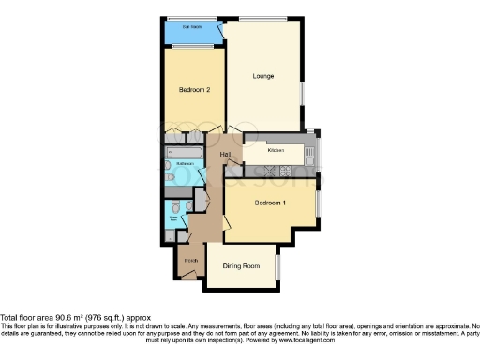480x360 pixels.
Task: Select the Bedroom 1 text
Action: tap(270, 202)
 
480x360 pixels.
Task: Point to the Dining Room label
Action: tap(241, 266)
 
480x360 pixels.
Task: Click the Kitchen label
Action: tap(277, 150)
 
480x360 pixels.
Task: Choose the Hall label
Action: tap(226, 154)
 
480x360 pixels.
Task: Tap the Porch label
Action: tap(189, 259)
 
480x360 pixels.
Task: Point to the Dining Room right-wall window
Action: tap(278, 266)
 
